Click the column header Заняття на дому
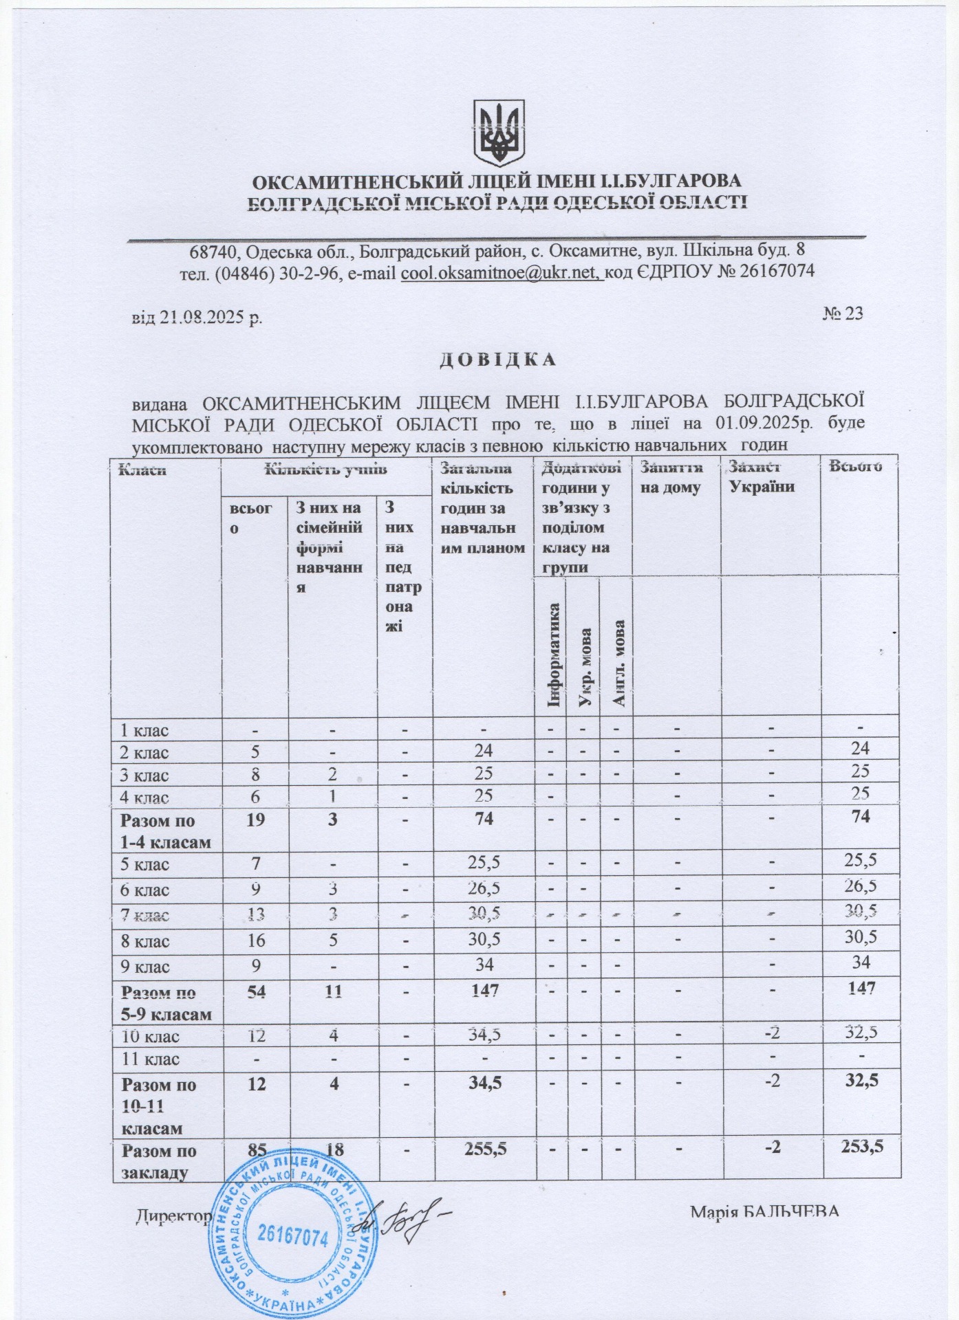[x=671, y=477]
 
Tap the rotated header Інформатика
[x=554, y=654]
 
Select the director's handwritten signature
[x=402, y=1221]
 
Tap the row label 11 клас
[x=150, y=1059]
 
